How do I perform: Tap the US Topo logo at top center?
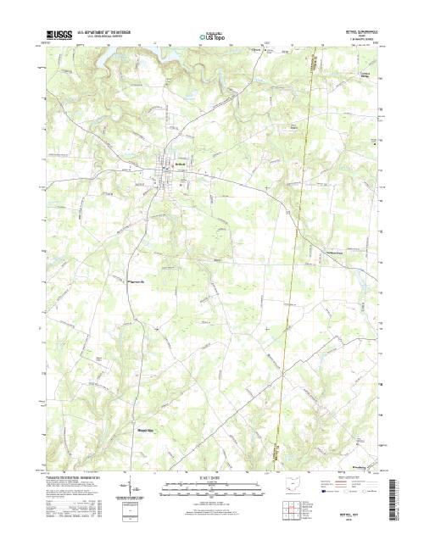point(213,36)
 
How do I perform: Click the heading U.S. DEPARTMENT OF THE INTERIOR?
point(105,33)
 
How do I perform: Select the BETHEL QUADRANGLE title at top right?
point(355,31)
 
